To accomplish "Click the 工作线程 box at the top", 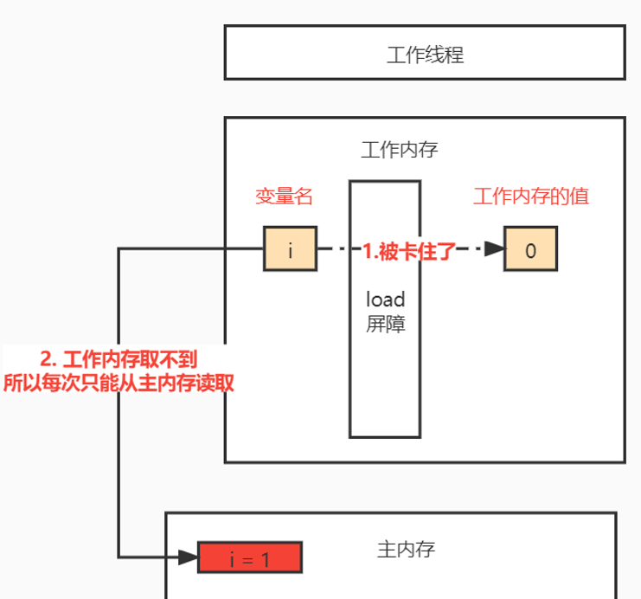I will (x=424, y=53).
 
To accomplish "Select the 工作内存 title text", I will (x=399, y=150).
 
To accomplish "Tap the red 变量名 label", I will (x=283, y=196).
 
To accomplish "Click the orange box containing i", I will (x=290, y=250).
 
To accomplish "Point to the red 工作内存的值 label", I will (x=530, y=196).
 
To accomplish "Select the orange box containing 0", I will (x=530, y=250).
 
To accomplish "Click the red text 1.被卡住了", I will (x=408, y=250).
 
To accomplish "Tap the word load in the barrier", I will (x=385, y=299).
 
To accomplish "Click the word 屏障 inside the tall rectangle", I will (x=385, y=325).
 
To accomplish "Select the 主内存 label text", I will (x=406, y=549).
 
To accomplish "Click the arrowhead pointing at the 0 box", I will (x=494, y=250).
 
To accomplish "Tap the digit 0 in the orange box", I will (x=530, y=251).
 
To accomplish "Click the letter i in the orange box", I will (x=290, y=250).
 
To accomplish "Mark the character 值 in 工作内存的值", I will (x=580, y=196).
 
